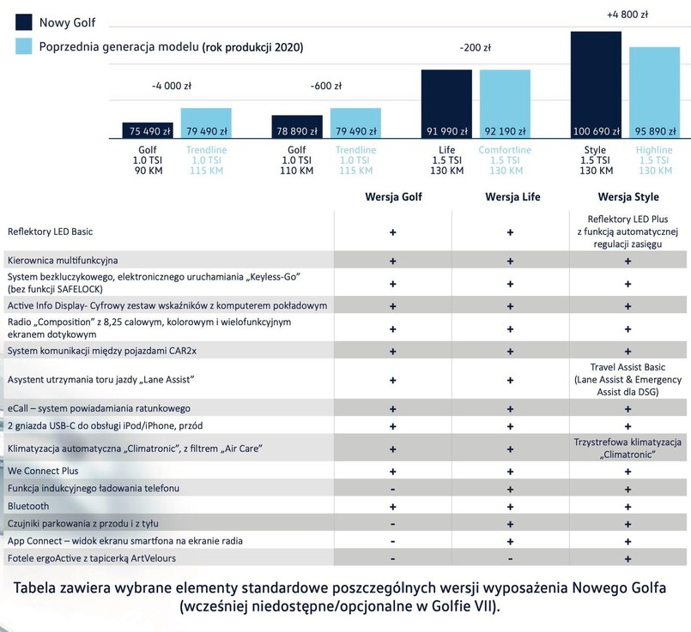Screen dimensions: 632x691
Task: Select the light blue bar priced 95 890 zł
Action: coord(654,92)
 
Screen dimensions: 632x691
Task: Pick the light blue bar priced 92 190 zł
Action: coord(505,104)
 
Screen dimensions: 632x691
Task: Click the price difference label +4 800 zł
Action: coord(627,15)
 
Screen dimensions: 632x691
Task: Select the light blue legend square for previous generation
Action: coord(24,46)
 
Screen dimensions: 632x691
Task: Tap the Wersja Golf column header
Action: coord(392,197)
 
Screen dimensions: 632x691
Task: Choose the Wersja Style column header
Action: coord(627,197)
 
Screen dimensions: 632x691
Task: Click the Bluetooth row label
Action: coord(28,506)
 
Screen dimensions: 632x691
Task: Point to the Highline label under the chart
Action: coord(654,150)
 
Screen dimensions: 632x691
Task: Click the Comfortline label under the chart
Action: coord(505,150)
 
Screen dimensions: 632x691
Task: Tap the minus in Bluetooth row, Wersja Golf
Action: coord(392,506)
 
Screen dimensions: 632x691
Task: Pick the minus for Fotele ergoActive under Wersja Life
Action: coord(510,558)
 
